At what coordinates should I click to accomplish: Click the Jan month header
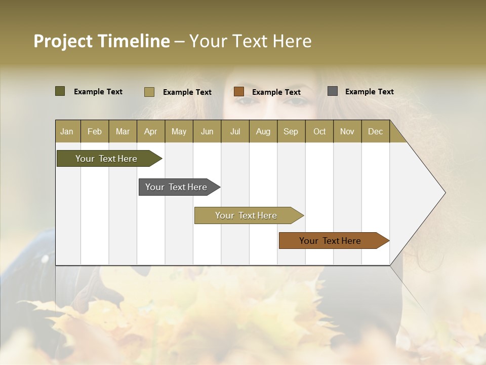click(67, 131)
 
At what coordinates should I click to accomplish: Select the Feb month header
click(95, 131)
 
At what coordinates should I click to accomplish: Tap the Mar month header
click(123, 131)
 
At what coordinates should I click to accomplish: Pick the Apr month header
click(151, 131)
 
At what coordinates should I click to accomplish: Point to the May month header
click(179, 131)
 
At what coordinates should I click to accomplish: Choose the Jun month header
click(207, 131)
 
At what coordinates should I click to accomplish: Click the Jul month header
click(235, 131)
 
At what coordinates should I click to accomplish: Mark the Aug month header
click(263, 131)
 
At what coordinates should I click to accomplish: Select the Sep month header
click(291, 131)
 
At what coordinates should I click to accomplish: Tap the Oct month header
click(319, 131)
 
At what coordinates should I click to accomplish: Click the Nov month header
click(347, 131)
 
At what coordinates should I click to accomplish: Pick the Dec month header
click(375, 131)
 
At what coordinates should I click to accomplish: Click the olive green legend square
click(60, 91)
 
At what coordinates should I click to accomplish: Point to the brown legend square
click(239, 92)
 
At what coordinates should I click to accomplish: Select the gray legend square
click(333, 91)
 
